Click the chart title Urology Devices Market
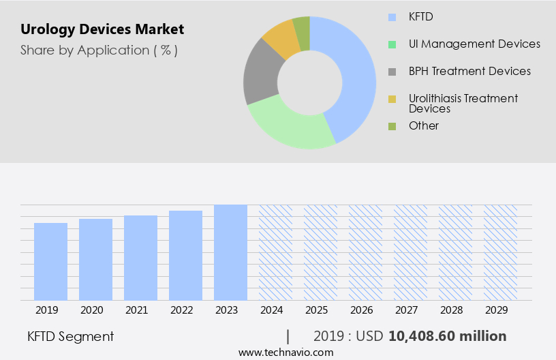102,30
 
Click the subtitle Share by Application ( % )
99,50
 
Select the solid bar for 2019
51,261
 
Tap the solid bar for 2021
141,258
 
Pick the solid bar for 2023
230,252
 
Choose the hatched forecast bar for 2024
275,252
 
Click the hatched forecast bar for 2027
410,252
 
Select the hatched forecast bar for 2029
500,252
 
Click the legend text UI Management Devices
474,44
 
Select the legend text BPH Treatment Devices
469,71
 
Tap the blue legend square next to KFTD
391,16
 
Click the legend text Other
424,125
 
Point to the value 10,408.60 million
447,336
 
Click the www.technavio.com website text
286,352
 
